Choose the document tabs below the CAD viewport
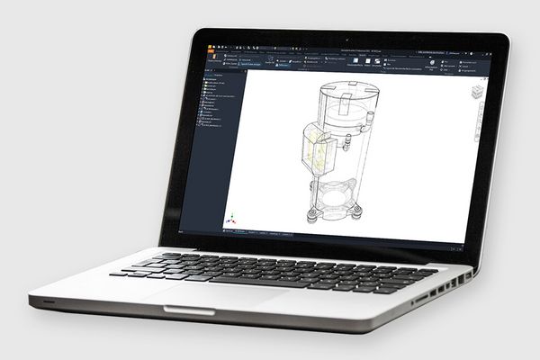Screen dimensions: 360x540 pyautogui.click(x=261, y=232)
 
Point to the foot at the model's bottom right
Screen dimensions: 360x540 pyautogui.click(x=355, y=214)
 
